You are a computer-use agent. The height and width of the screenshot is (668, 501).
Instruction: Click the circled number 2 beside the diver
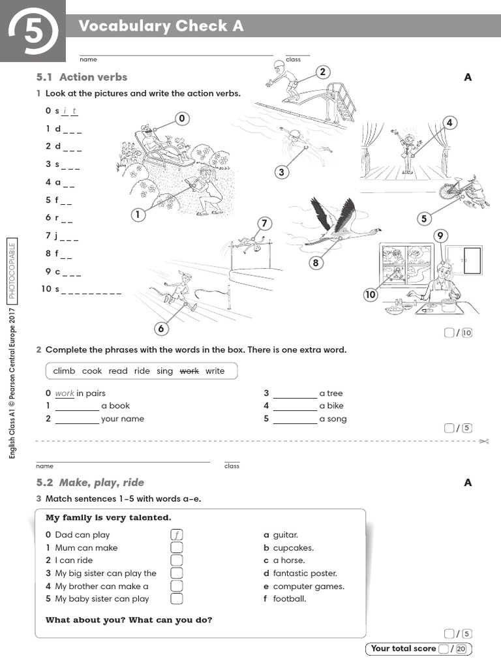322,72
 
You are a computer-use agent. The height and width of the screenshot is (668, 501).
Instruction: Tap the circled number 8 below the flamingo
316,263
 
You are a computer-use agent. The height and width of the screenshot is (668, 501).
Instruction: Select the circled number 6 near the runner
161,328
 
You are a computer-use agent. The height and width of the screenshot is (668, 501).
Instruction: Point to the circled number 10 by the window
371,295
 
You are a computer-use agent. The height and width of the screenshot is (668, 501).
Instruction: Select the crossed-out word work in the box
189,371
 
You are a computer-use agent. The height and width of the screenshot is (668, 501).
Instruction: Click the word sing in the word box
165,371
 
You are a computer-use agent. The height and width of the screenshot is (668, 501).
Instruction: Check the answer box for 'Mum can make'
176,548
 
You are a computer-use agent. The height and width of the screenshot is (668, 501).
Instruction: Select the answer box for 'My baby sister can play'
176,599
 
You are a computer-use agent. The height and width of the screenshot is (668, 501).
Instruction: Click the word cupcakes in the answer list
293,548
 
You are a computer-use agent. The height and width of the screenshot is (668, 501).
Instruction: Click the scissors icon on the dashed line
483,442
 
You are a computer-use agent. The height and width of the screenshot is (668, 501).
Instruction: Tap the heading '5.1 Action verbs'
82,77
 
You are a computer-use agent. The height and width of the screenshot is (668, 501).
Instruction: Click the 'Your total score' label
403,648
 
